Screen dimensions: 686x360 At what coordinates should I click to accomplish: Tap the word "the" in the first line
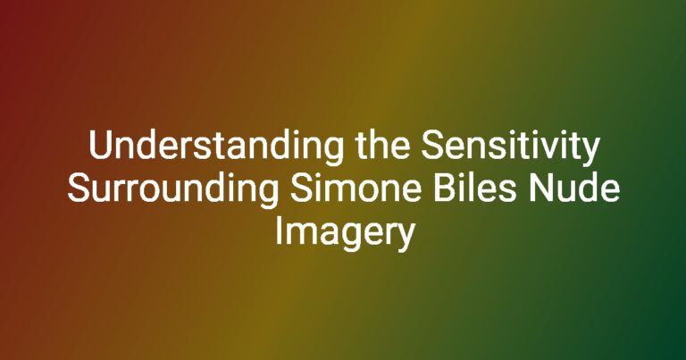[x=383, y=145]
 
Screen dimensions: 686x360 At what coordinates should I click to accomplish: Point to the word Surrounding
[x=172, y=190]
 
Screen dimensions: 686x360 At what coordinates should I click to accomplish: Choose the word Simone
[x=356, y=188]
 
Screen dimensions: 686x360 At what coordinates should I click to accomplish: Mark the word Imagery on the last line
[x=344, y=234]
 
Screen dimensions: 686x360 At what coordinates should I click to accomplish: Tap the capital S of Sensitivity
[x=432, y=146]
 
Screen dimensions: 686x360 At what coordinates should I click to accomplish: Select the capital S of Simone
[x=301, y=188]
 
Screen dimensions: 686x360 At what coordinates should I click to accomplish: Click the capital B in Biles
[x=445, y=188]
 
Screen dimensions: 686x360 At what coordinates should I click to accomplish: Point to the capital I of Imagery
[x=278, y=231]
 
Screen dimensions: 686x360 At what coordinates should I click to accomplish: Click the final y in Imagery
[x=404, y=239]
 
